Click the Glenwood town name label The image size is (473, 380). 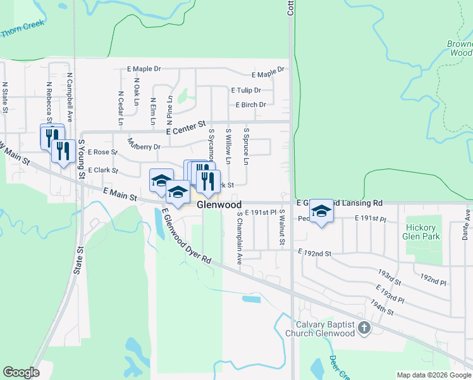coord(219,205)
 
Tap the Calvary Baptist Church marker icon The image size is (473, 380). coord(364,327)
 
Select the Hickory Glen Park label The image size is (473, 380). coord(420,232)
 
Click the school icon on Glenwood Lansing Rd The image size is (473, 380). coord(321,211)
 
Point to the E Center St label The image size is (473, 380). coord(187,128)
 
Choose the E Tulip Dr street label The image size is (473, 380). coord(246,91)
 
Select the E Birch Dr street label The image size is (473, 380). coord(250,105)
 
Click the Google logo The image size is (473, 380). coord(21,372)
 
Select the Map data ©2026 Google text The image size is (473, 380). coord(433,375)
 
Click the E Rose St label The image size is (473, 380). coord(102,152)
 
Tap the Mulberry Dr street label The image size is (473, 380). coord(144,145)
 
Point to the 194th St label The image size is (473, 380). coord(383,308)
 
